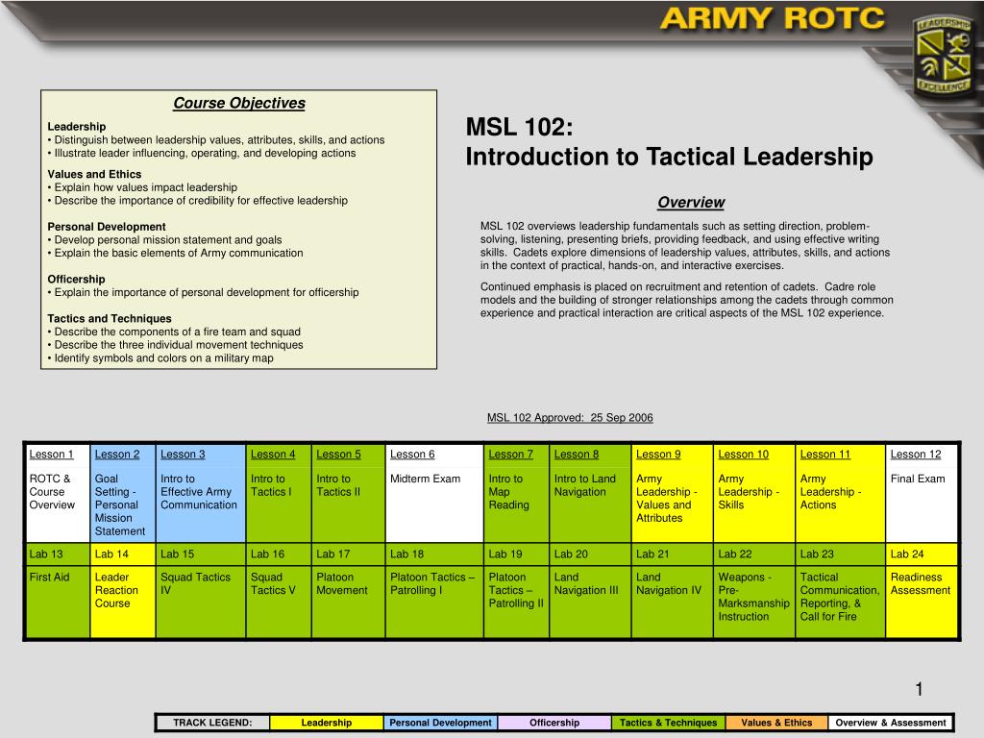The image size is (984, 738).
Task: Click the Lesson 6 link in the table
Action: click(x=412, y=455)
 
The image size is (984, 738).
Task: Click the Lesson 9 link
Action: click(x=658, y=455)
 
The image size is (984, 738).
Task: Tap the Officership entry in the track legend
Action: click(x=554, y=723)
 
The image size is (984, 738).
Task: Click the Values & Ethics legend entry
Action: click(x=776, y=723)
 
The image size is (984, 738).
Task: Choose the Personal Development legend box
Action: click(x=440, y=723)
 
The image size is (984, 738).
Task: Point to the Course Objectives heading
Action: click(x=238, y=104)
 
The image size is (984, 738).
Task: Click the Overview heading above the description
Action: click(x=690, y=203)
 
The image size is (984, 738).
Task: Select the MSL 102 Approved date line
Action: click(x=570, y=417)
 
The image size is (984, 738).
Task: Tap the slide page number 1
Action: click(x=918, y=688)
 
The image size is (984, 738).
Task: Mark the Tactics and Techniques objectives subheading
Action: click(x=110, y=318)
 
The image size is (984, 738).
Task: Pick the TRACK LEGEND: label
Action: click(x=212, y=723)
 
